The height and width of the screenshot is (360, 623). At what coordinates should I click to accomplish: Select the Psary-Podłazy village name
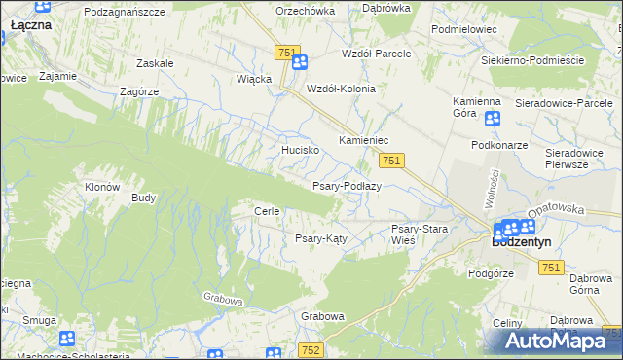coord(346,186)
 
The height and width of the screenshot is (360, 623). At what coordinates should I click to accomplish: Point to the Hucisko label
coord(301,151)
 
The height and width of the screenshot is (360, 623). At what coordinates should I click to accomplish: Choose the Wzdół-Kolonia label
coord(341,88)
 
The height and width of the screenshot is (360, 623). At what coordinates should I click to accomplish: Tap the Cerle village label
coord(267,211)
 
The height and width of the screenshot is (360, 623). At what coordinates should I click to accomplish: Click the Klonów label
coord(101,187)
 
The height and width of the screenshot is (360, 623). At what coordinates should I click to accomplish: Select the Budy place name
coord(143,198)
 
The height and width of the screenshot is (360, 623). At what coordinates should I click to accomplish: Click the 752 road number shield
coord(311,349)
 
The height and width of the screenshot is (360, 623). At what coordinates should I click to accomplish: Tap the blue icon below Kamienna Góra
coord(492,119)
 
